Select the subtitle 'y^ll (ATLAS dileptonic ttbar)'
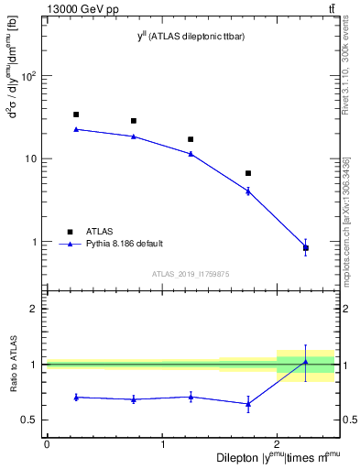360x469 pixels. [x=191, y=36]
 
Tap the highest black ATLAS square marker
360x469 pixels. [x=76, y=115]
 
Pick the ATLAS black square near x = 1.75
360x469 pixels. [x=248, y=173]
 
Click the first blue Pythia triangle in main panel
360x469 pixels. [x=76, y=129]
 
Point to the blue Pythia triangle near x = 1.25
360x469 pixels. [x=191, y=154]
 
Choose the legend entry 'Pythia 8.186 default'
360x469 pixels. [x=123, y=244]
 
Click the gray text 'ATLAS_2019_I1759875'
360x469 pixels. [x=191, y=273]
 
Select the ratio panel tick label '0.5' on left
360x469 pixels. [x=30, y=420]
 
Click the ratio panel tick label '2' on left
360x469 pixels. [x=34, y=309]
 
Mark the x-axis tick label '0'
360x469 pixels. [x=47, y=444]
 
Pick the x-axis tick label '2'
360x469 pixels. [x=277, y=444]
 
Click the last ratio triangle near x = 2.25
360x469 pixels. [x=305, y=362]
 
